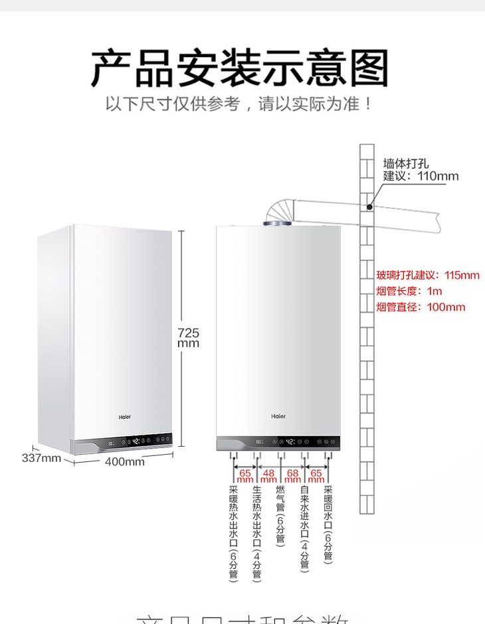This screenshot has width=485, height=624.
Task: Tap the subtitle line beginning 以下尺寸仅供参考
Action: pos(239,105)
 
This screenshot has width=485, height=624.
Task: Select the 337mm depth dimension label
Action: pos(41,458)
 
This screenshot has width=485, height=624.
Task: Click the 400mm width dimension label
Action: pos(125,461)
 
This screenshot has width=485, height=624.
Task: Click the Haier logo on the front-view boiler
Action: pos(278,416)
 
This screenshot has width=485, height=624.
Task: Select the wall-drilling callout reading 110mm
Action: pos(421,170)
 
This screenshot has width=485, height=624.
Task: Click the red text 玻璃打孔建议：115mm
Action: pos(427,275)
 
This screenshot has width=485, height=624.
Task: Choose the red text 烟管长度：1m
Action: pos(409,291)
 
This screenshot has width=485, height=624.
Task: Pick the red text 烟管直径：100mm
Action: pos(421,307)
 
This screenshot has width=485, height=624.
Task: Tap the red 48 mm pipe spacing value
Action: pos(269,475)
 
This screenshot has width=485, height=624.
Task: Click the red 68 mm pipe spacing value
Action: pos(292,475)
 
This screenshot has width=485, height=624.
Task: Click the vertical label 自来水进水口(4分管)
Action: pos(304,528)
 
